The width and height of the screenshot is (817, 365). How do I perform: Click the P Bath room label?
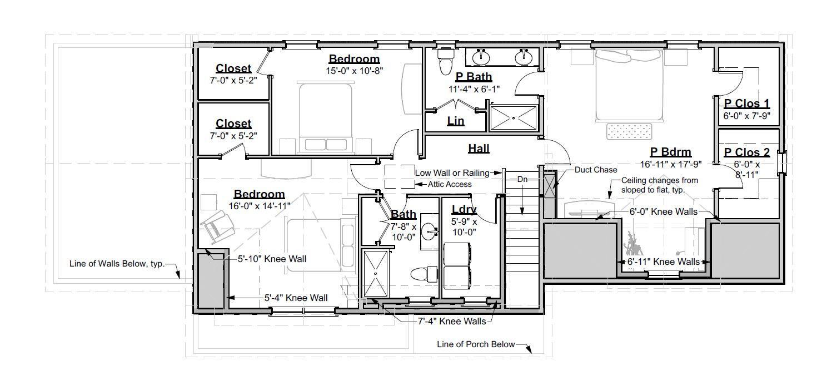tap(474, 77)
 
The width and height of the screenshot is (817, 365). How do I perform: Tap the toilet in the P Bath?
tap(446, 62)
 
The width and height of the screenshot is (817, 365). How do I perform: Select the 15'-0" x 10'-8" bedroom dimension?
tap(355, 71)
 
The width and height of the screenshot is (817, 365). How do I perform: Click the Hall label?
tap(479, 148)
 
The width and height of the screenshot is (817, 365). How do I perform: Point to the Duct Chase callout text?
tap(596, 170)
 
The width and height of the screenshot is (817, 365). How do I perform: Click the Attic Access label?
tap(450, 184)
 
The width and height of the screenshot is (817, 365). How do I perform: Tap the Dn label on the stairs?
tap(522, 180)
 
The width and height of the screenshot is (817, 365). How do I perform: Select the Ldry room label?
tap(463, 210)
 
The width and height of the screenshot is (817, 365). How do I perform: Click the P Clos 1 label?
tap(746, 103)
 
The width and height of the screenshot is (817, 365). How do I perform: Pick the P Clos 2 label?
tap(746, 152)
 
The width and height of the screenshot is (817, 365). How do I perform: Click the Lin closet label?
tap(455, 121)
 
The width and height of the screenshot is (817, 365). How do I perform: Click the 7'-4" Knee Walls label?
tap(451, 321)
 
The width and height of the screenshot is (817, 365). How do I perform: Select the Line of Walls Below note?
tap(117, 264)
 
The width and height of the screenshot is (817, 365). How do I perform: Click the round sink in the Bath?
tap(429, 230)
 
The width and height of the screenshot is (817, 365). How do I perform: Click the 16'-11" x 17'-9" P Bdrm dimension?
tap(671, 165)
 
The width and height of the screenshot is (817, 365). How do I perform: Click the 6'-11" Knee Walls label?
tap(663, 262)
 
